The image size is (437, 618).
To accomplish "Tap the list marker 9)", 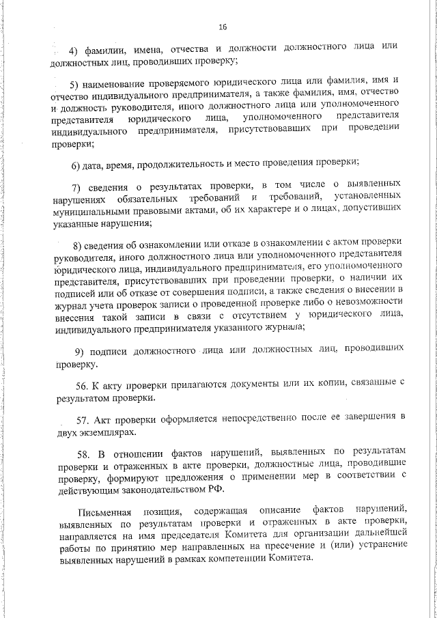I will [79, 351].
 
